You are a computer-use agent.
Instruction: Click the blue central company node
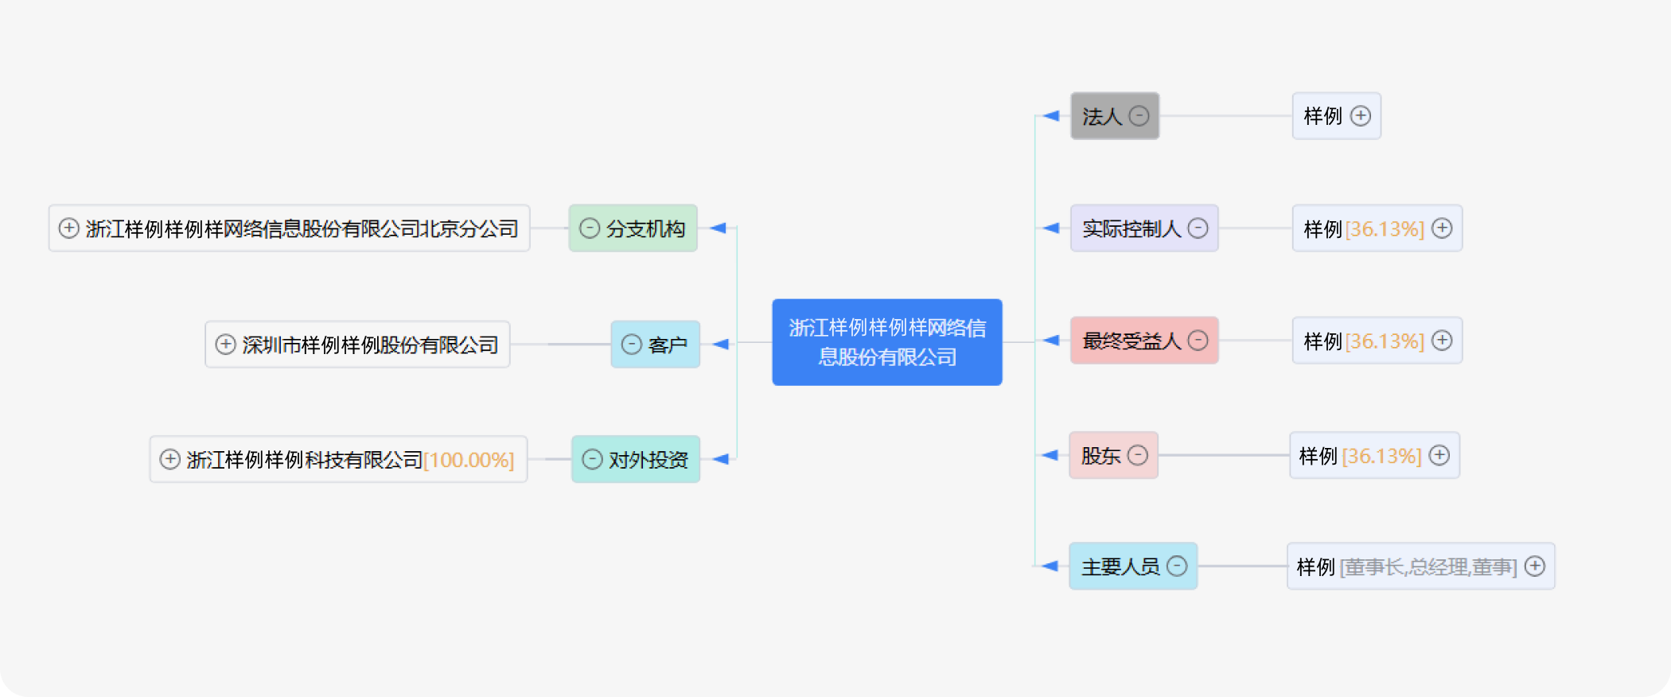[886, 342]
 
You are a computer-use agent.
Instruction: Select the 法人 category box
[1114, 116]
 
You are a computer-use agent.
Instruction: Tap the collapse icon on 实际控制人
[1198, 228]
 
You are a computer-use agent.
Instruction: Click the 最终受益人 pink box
[1144, 341]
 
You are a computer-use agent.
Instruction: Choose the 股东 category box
[1113, 455]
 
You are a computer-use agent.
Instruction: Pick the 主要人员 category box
[1133, 567]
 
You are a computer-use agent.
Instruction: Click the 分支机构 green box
[633, 228]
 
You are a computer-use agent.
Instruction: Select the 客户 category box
[655, 345]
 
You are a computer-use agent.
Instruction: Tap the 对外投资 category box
[635, 459]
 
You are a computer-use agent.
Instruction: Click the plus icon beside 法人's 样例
[1361, 116]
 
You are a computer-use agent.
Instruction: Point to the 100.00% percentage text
[469, 460]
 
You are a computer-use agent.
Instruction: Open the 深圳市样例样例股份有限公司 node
[357, 345]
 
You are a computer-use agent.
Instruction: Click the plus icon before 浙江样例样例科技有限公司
[169, 459]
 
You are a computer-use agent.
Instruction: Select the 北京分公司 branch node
[289, 228]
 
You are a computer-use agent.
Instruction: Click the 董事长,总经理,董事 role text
[1428, 567]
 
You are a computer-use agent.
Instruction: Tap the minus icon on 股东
[1138, 455]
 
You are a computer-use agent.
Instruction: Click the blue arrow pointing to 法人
[1051, 116]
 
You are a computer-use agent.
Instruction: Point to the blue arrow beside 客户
[720, 345]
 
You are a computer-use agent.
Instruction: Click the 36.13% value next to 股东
[1381, 456]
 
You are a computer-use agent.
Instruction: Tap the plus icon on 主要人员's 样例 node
[1535, 567]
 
